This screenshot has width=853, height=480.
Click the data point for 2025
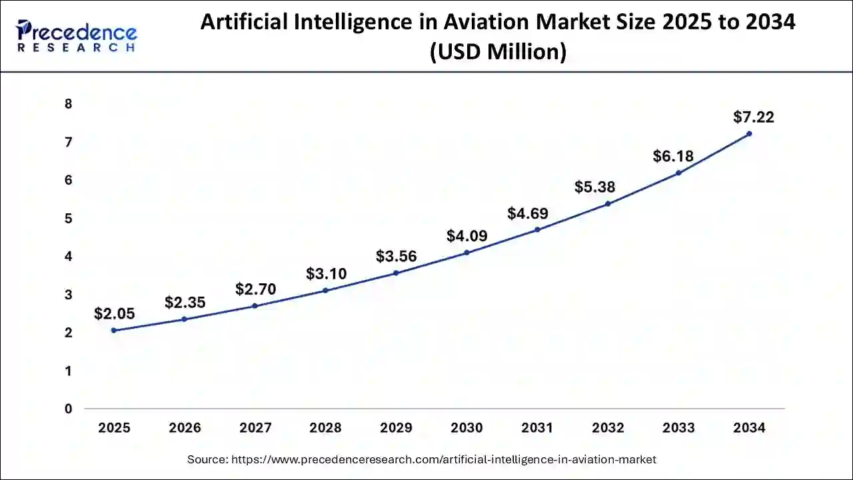(x=114, y=330)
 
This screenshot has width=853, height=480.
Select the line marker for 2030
(x=466, y=253)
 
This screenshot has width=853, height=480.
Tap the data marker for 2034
(x=749, y=133)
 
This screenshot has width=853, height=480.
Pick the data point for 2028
(x=325, y=290)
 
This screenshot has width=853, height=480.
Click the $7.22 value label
(x=753, y=117)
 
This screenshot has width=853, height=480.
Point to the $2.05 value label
(x=114, y=313)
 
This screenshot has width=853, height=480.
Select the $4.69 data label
(x=527, y=213)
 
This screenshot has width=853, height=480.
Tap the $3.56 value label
(x=396, y=257)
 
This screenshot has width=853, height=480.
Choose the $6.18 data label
(x=673, y=157)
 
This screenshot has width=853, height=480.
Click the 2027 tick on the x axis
(x=255, y=428)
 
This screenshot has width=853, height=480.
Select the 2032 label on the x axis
(x=608, y=428)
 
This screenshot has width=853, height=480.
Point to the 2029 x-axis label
(x=396, y=428)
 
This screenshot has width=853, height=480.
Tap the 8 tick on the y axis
(x=68, y=104)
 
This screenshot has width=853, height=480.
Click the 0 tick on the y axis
(x=68, y=409)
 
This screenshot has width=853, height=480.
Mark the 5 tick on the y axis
(x=68, y=219)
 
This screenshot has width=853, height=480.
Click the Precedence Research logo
(x=77, y=36)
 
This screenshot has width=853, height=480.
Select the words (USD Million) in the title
(x=498, y=51)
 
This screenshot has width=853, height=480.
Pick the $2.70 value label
(x=255, y=289)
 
